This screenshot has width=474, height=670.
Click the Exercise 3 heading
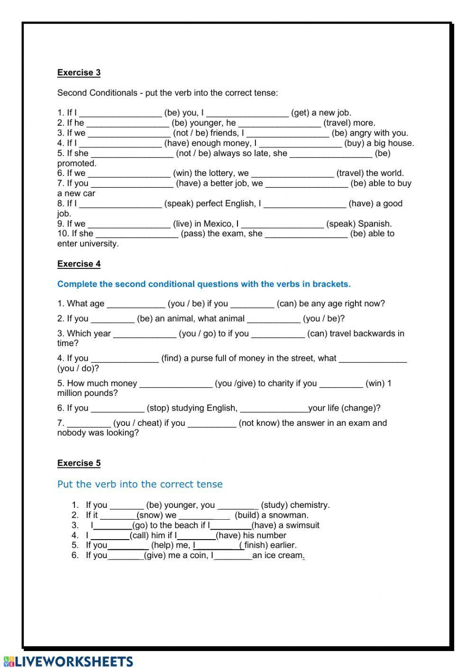pyautogui.click(x=79, y=73)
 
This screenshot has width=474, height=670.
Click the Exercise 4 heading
pyautogui.click(x=79, y=264)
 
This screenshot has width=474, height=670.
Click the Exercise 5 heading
pyautogui.click(x=79, y=463)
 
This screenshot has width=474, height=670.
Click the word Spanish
pyautogui.click(x=375, y=223)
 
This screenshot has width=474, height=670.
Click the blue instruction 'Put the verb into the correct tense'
pyautogui.click(x=139, y=484)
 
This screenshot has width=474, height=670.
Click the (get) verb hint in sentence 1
pyautogui.click(x=300, y=113)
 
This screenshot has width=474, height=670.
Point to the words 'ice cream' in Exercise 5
pyautogui.click(x=282, y=555)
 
